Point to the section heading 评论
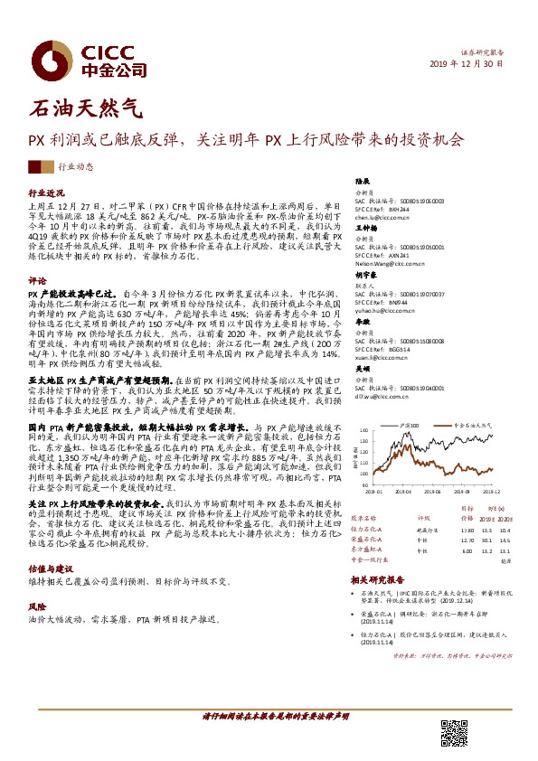pyautogui.click(x=37, y=281)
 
